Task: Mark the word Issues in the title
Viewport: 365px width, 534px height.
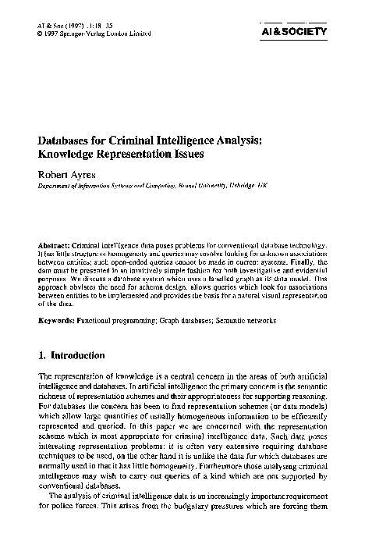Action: click(186, 154)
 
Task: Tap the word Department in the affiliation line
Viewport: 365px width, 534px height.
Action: click(54, 187)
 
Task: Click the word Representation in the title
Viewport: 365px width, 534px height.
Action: click(136, 154)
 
